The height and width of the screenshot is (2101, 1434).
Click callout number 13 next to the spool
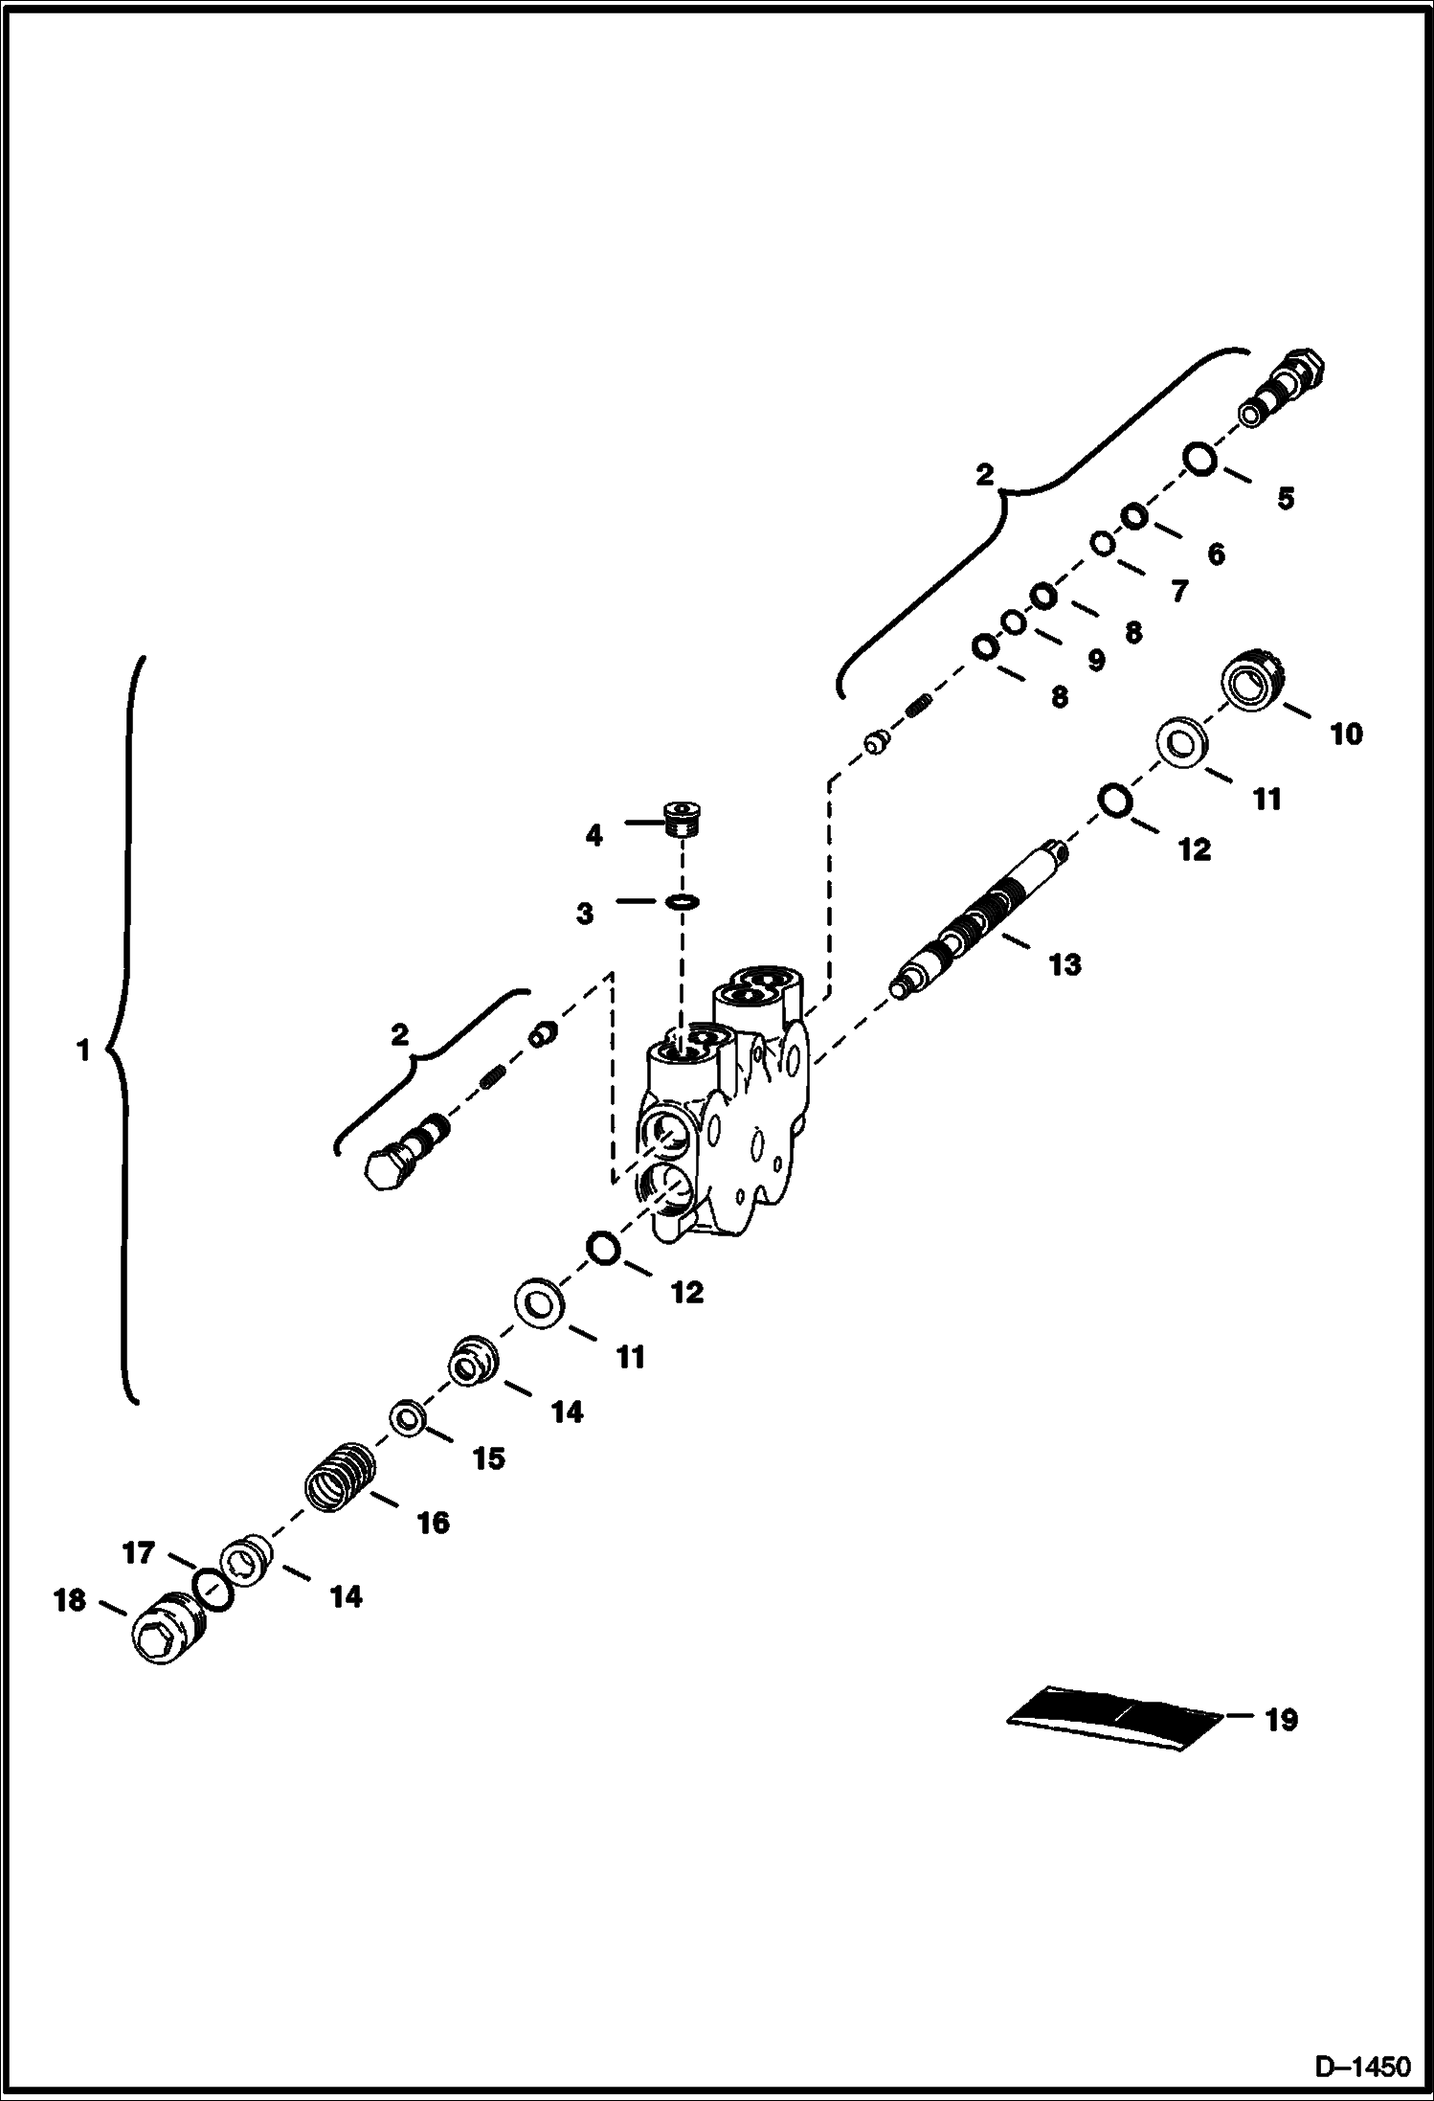pyautogui.click(x=1064, y=964)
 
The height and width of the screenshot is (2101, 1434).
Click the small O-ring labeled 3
pyautogui.click(x=682, y=901)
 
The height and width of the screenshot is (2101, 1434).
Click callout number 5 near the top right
pyautogui.click(x=1285, y=498)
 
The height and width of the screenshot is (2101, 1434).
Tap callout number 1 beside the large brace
pyautogui.click(x=82, y=1051)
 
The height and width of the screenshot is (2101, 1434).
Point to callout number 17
pyautogui.click(x=139, y=1552)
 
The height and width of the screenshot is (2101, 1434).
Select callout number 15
pyautogui.click(x=488, y=1457)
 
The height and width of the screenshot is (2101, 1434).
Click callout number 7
pyautogui.click(x=1179, y=591)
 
